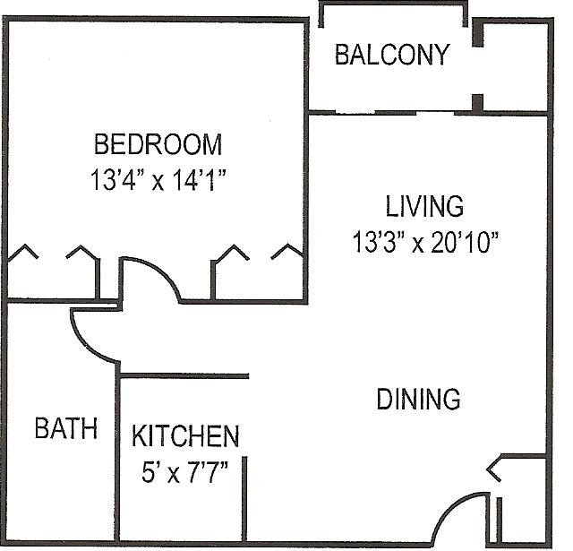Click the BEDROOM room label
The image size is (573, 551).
[158, 144]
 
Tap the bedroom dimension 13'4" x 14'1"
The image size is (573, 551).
[158, 179]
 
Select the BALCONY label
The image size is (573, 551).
[392, 55]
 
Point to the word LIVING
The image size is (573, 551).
[424, 206]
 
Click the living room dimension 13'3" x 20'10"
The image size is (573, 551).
[425, 242]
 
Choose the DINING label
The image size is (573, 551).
[418, 399]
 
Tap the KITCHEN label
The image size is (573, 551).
[185, 435]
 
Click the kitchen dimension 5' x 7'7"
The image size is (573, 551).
[185, 471]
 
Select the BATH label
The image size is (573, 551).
[66, 427]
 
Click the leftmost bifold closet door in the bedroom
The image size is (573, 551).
[23, 252]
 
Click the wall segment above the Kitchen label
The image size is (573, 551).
[184, 375]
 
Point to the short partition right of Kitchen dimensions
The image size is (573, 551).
[244, 498]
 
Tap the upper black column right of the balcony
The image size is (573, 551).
[477, 32]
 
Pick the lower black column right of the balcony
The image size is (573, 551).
[477, 103]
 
